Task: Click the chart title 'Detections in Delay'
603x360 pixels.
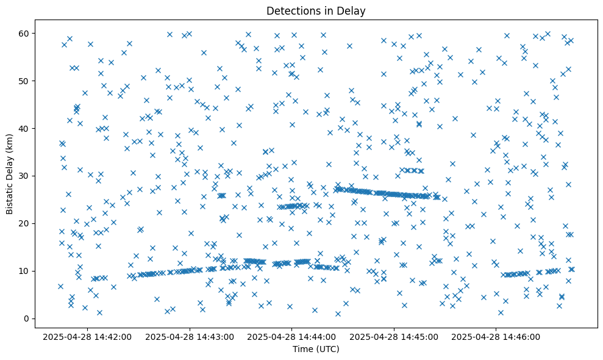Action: point(316,10)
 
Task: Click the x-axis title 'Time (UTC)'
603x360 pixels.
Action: point(316,349)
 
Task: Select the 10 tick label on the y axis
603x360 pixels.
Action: point(26,271)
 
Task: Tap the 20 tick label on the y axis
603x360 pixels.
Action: point(26,223)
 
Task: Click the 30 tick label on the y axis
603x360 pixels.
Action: point(26,176)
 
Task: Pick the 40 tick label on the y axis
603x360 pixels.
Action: point(26,128)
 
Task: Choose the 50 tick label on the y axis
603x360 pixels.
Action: point(26,81)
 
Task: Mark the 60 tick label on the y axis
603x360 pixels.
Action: point(26,33)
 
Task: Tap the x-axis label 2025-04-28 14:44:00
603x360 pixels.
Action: point(292,336)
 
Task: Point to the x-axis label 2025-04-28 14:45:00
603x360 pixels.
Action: point(394,336)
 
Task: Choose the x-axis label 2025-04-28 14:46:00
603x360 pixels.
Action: point(495,336)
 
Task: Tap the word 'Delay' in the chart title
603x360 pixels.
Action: point(352,10)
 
